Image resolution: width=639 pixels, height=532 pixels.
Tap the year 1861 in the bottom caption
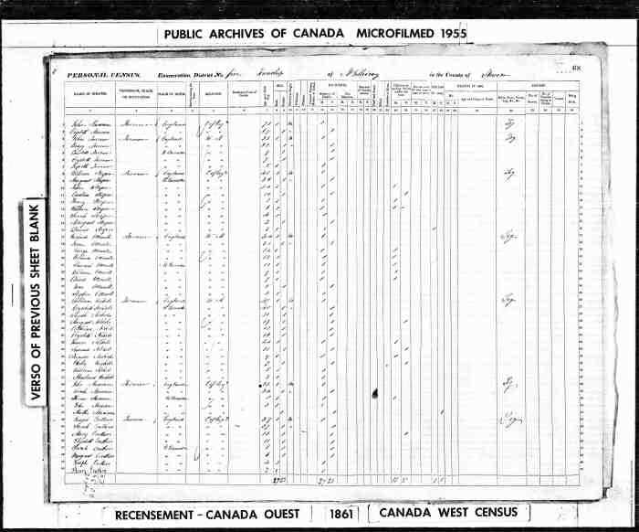pyautogui.click(x=334, y=514)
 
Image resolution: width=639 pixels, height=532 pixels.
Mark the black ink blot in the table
pyautogui.click(x=373, y=392)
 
